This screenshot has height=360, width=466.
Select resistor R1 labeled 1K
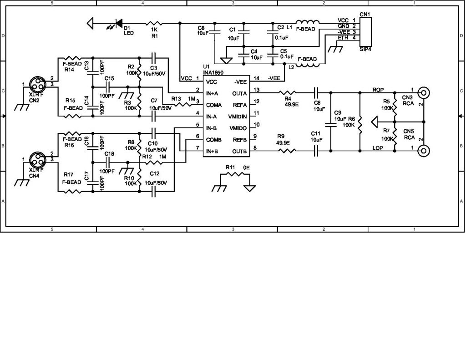(154, 22)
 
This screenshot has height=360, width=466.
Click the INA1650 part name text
(213, 72)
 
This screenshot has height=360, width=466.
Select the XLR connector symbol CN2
(36, 84)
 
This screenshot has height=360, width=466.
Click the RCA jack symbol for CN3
(424, 93)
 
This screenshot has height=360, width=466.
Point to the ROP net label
(378, 89)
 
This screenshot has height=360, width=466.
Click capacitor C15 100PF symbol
(109, 87)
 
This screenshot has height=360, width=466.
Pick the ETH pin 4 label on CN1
(343, 38)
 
